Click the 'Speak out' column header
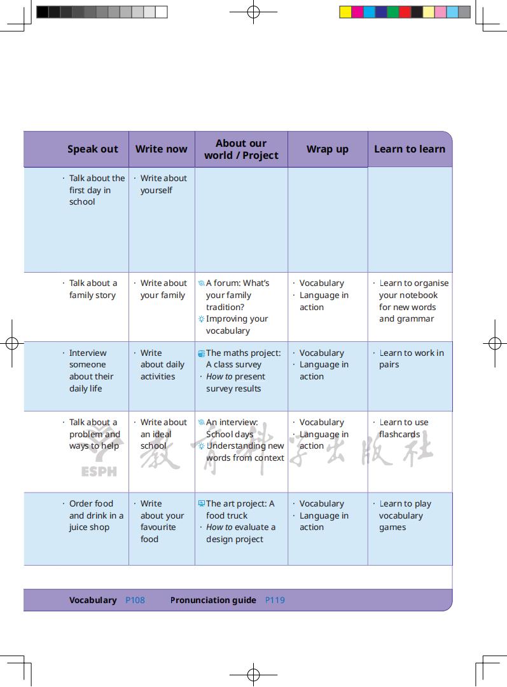click(x=93, y=149)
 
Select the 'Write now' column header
click(x=161, y=149)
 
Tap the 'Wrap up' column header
click(x=327, y=149)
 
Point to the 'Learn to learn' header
click(x=409, y=149)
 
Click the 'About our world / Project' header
click(x=241, y=149)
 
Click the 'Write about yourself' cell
click(x=163, y=184)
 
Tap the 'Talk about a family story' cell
click(x=93, y=289)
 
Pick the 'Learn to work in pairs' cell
click(x=411, y=359)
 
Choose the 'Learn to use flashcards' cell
click(x=403, y=428)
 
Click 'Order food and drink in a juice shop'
click(x=96, y=515)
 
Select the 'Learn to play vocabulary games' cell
click(x=405, y=515)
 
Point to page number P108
click(x=135, y=600)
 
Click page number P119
click(x=275, y=600)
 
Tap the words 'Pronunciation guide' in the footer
click(x=213, y=600)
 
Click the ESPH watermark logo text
click(x=99, y=472)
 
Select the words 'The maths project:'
click(x=243, y=353)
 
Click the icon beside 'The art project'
click(x=201, y=503)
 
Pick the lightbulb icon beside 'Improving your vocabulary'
click(x=201, y=319)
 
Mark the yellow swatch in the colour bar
click(x=345, y=11)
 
